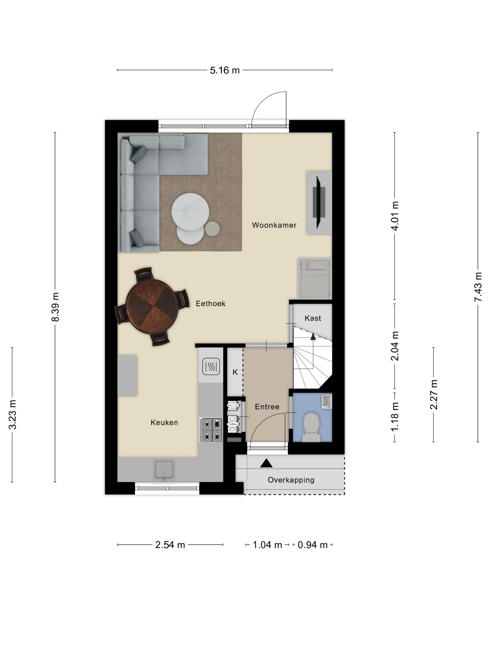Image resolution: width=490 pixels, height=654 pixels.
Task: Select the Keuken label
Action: click(164, 422)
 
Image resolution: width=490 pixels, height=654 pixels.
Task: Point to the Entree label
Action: click(267, 407)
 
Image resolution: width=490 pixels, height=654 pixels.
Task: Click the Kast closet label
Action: click(313, 318)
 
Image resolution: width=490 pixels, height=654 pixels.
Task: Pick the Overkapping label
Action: click(291, 480)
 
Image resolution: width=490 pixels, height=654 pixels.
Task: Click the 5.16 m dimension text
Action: click(224, 70)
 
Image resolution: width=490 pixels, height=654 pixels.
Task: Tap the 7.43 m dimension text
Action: click(478, 287)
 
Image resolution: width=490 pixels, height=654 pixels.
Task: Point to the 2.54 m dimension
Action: click(170, 545)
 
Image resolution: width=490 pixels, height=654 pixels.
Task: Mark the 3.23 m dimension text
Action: click(12, 415)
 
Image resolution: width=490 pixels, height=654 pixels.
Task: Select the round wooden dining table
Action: click(152, 306)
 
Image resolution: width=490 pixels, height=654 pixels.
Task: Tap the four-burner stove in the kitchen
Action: click(211, 430)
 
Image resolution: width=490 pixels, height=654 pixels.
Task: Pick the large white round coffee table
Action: click(190, 211)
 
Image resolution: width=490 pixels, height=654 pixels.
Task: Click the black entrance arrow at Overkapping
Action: click(266, 463)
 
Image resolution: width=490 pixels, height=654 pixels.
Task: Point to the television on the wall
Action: click(319, 202)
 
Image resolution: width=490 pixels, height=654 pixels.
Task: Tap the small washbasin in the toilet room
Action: click(327, 402)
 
